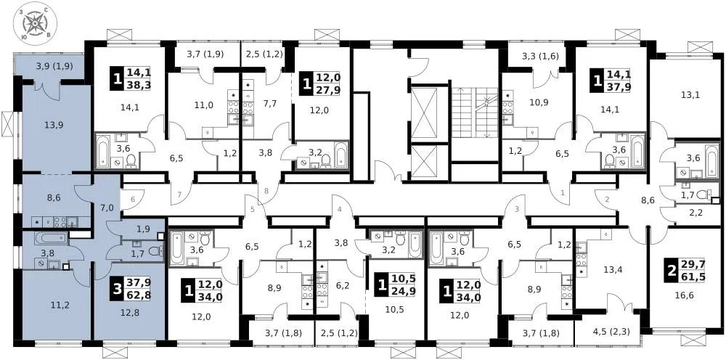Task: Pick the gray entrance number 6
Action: [x=132, y=201]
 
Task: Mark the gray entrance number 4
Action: [x=338, y=210]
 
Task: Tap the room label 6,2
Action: [x=343, y=285]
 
